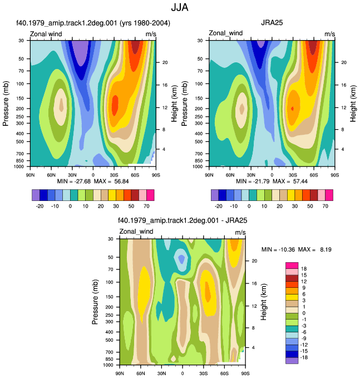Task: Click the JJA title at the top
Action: [x=180, y=7]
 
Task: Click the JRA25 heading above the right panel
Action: [x=272, y=23]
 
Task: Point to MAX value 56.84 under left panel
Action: [x=121, y=181]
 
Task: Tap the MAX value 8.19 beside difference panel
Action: [x=326, y=249]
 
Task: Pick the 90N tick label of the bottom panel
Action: [x=120, y=374]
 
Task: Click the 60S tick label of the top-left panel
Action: [x=135, y=175]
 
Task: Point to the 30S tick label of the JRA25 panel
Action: [x=293, y=175]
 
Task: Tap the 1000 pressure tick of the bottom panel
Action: [x=108, y=365]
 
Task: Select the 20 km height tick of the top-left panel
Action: [x=165, y=62]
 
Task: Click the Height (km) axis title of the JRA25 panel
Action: [x=353, y=104]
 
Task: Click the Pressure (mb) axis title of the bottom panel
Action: [x=95, y=302]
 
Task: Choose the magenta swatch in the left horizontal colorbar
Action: [x=150, y=195]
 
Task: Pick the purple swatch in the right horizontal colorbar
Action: [x=215, y=195]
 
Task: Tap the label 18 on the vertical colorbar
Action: [x=304, y=269]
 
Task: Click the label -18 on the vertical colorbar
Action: [x=304, y=357]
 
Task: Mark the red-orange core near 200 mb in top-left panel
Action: [x=115, y=105]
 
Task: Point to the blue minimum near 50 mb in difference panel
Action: [x=181, y=259]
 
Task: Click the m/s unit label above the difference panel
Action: [x=240, y=232]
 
